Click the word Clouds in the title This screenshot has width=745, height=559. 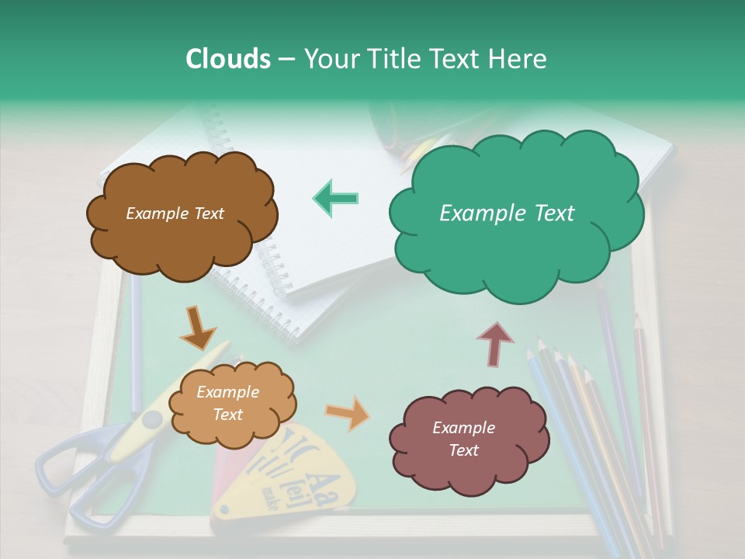227,59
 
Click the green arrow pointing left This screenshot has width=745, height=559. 336,198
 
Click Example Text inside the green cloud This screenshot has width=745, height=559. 507,214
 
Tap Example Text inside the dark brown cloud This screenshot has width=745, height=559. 175,214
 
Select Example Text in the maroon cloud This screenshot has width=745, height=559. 463,439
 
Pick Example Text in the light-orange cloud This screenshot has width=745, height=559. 227,404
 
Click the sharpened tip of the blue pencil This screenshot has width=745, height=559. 531,353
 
